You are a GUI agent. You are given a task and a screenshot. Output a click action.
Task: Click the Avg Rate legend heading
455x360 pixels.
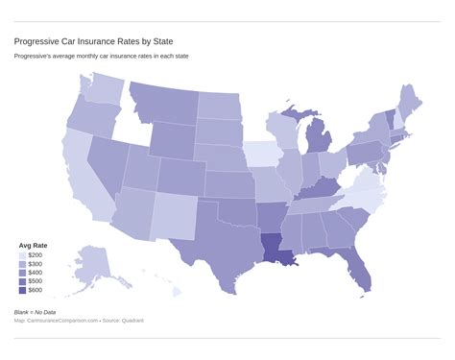pos(34,245)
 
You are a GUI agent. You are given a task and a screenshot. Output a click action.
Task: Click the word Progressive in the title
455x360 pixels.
pos(36,41)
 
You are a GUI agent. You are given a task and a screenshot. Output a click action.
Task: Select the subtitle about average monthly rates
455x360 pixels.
pos(101,57)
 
